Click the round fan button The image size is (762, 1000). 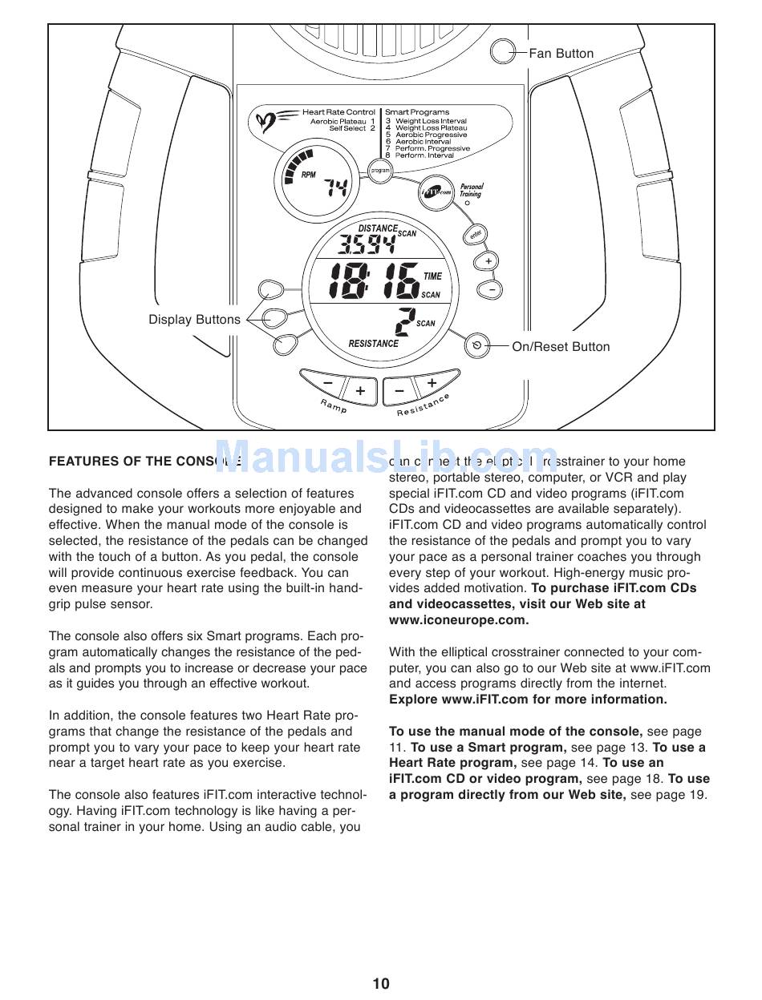tap(503, 52)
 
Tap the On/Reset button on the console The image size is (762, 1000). tap(477, 346)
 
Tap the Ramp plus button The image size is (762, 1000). tap(360, 390)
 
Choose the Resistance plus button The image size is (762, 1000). tap(432, 383)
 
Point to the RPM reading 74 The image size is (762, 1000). tap(336, 188)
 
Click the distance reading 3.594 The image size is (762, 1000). tap(367, 244)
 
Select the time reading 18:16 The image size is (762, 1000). tap(375, 281)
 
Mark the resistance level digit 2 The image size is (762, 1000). tap(403, 322)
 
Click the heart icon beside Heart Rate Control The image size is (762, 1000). tap(266, 122)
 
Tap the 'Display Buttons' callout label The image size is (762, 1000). tap(194, 320)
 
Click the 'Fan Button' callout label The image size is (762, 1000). tap(561, 54)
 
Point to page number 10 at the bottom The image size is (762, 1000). tap(381, 983)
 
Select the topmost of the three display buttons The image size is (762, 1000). tap(270, 290)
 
